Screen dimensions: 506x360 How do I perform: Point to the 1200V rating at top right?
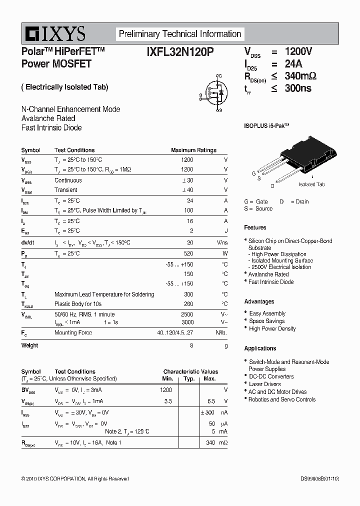click(298, 51)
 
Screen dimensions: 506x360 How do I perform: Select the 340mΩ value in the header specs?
click(300, 76)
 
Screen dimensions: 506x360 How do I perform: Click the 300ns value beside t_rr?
click(298, 88)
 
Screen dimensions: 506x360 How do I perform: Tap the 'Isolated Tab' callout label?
click(311, 184)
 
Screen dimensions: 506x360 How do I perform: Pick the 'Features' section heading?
click(255, 227)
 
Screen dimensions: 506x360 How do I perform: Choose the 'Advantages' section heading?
click(259, 301)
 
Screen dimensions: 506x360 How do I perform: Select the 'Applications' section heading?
click(260, 348)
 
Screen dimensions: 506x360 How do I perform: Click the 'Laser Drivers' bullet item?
click(265, 384)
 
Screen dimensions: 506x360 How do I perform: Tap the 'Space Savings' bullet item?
click(267, 321)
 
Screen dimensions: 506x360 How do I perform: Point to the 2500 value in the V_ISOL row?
click(186, 314)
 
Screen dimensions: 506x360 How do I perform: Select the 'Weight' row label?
click(29, 345)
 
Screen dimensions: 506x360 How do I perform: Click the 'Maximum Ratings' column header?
click(193, 150)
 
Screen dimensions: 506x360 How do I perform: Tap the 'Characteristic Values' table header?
click(190, 371)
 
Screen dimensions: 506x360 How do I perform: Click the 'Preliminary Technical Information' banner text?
click(179, 34)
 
